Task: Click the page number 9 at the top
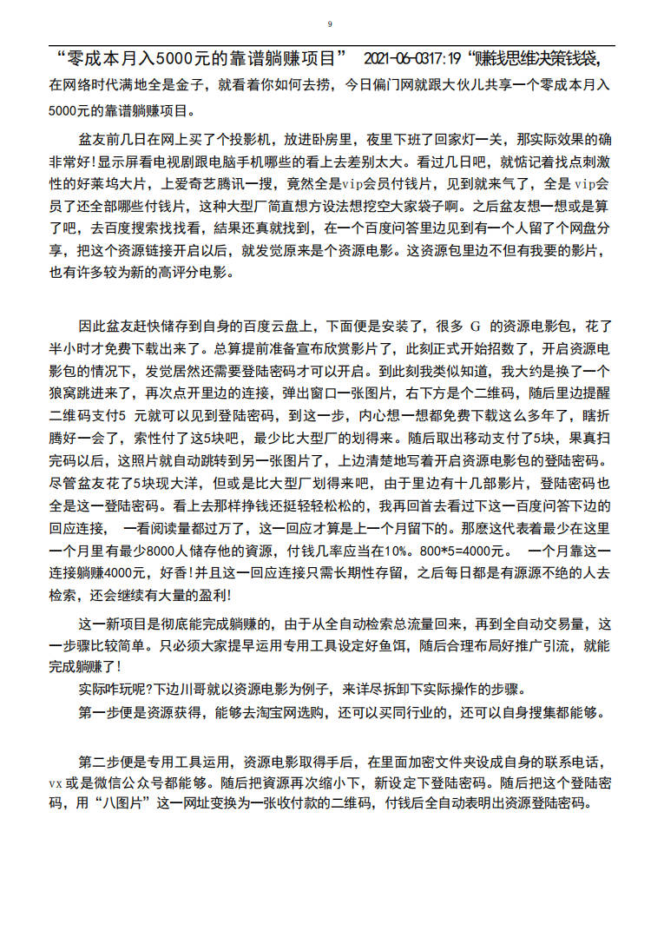(330, 23)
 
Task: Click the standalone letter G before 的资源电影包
(475, 327)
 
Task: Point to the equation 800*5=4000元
(462, 551)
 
